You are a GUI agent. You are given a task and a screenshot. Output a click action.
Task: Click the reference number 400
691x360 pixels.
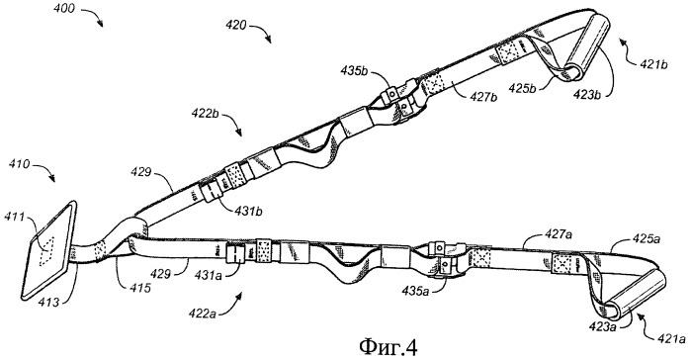coord(64,9)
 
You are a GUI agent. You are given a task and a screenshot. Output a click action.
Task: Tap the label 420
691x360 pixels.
coord(235,26)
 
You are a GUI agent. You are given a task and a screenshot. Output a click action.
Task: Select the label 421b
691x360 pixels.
coord(653,64)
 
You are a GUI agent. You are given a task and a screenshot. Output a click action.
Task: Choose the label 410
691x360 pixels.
coord(20,165)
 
